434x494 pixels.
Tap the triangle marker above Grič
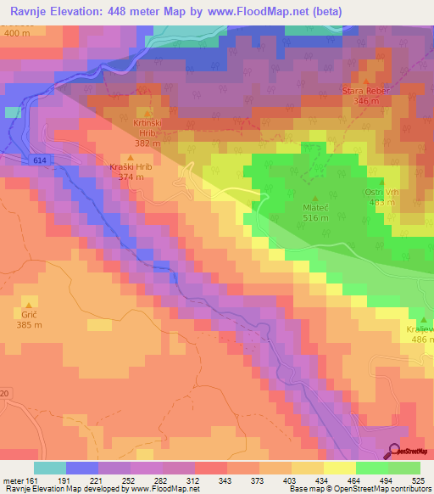[x=29, y=304]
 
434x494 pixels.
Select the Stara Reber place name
[x=364, y=90]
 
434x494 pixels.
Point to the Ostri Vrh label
[x=380, y=193]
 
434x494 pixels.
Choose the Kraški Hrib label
[x=130, y=167]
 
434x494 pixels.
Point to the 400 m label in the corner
[x=16, y=33]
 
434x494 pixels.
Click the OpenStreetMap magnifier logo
[x=395, y=451]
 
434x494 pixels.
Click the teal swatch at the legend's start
[x=50, y=467]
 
